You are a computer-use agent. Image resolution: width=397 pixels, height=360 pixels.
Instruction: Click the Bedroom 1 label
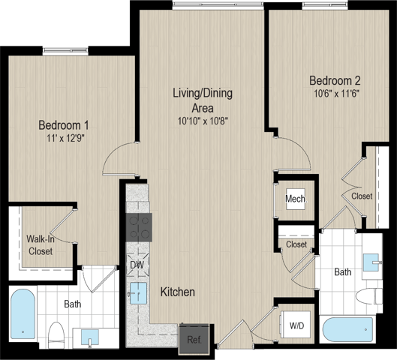(64, 125)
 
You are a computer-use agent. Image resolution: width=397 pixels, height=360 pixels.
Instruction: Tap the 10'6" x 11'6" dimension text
(337, 94)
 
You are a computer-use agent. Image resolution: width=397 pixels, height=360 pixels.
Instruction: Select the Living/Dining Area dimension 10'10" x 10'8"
(203, 121)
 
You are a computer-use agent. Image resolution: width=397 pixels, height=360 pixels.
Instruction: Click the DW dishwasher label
(137, 265)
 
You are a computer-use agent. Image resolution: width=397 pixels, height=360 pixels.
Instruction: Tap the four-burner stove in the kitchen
(139, 227)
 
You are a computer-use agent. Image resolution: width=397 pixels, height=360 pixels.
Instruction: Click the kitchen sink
(138, 293)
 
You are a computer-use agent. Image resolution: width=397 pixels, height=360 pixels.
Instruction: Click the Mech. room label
(296, 199)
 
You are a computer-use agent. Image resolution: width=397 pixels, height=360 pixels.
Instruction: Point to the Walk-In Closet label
(41, 245)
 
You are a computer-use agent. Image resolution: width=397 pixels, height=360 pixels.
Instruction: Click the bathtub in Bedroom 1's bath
(23, 314)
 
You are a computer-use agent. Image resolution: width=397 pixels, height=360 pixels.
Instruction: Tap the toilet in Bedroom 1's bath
(56, 334)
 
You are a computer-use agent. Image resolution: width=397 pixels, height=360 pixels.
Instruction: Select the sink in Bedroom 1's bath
(90, 337)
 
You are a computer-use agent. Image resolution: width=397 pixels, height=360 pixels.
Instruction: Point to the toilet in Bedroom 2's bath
(369, 296)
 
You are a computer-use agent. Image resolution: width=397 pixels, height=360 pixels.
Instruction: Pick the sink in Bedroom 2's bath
(372, 262)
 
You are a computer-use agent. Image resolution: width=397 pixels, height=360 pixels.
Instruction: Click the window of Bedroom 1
(65, 51)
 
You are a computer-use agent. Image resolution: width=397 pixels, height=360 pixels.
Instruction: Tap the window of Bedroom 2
(325, 6)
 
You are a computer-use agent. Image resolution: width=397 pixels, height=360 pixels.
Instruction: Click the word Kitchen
(178, 292)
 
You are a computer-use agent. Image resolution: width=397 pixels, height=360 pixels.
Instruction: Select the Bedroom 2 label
(335, 81)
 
